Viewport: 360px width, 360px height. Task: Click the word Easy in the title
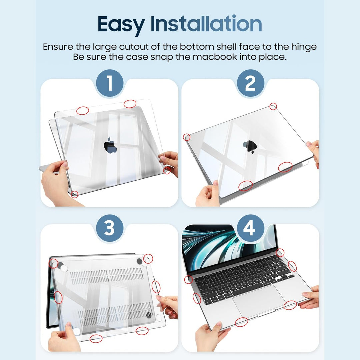(x=121, y=24)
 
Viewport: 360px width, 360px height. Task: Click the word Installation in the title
(x=206, y=24)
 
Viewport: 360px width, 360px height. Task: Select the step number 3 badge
(x=110, y=229)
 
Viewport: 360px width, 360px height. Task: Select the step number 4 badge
(x=250, y=229)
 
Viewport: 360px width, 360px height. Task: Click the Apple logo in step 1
(x=110, y=146)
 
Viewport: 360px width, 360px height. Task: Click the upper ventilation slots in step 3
(x=107, y=275)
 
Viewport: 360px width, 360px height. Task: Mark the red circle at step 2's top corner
(x=273, y=106)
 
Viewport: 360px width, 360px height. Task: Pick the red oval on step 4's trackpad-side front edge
(x=241, y=322)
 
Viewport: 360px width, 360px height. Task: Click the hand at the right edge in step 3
(x=168, y=305)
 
